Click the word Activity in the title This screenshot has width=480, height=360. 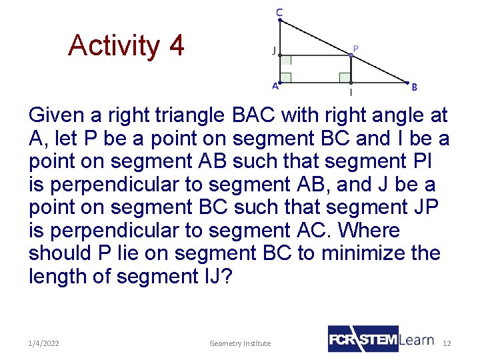coord(114,46)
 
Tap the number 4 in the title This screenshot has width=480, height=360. coord(176,46)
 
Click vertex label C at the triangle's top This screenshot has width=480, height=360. coord(279,12)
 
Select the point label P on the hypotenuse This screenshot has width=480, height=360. coord(355,48)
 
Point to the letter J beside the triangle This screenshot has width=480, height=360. coord(273,51)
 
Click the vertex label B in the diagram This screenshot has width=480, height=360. coord(414,87)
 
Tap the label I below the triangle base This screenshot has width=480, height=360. coord(351,93)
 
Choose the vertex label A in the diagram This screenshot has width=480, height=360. coord(275,86)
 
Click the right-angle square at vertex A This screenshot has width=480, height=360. coord(286,77)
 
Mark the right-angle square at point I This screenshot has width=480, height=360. coord(345,77)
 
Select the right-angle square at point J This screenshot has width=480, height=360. coord(286,61)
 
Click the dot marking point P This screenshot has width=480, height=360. coord(351,55)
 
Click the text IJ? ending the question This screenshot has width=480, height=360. coord(216,276)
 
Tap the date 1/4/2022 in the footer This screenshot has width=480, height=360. coord(44,343)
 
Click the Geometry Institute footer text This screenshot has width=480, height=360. coord(240,343)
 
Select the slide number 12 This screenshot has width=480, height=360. coord(447,343)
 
